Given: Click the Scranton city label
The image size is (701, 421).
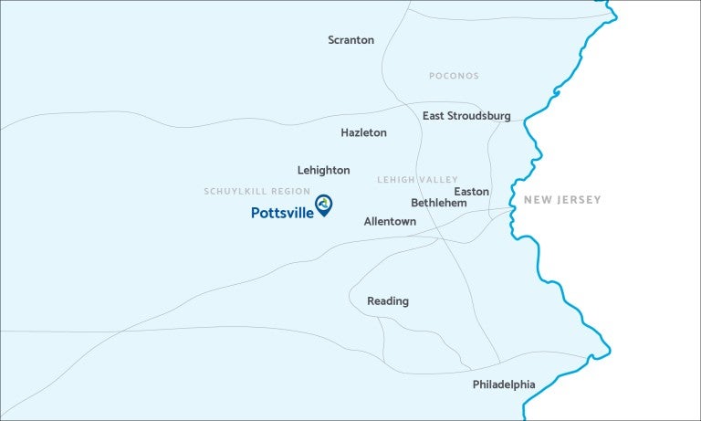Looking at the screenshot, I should pos(350,40).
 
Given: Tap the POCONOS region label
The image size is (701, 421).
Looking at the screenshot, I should pos(454,76).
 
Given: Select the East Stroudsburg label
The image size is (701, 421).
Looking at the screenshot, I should pos(466,116).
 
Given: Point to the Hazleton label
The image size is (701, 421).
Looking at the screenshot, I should pos(363,132).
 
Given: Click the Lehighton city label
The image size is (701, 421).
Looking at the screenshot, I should pos(323,171).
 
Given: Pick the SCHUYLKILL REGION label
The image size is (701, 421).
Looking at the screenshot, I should pos(256,191).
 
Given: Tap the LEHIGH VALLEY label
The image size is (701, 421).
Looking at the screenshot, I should pos(418,180).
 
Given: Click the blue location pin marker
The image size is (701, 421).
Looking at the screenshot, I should pos(323,204).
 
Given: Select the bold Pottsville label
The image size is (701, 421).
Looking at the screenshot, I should pos(282,213).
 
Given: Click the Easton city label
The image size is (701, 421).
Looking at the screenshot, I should pos(471,192).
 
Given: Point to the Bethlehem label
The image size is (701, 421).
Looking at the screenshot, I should pos(438,203).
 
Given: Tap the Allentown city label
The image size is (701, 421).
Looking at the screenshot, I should pos(390,222).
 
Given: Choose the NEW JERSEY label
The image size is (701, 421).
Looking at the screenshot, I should pos(562,200).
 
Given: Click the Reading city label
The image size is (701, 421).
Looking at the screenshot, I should pos(388,301).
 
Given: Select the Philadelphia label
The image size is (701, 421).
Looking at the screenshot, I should pos(504,384).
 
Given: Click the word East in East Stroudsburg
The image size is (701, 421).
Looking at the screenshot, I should pos(434,116).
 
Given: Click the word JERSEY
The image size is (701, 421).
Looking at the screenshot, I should pos(581,200).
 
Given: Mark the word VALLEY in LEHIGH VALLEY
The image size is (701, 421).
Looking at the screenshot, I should pos(439,180).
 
